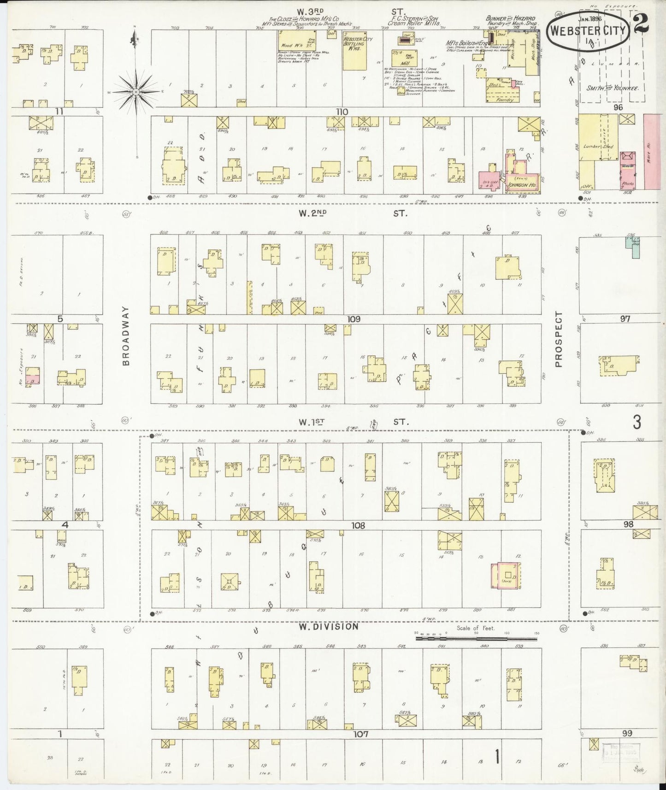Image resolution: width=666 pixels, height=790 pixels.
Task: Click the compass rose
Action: pos(136,92)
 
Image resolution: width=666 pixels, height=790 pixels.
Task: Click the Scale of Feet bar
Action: pos(477,639)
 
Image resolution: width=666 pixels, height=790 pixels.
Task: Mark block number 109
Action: pos(354,319)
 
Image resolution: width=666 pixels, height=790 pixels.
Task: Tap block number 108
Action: pos(358,525)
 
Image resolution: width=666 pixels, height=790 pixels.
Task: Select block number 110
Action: pos(342,112)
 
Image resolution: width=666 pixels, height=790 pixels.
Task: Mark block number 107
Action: pos(361,734)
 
